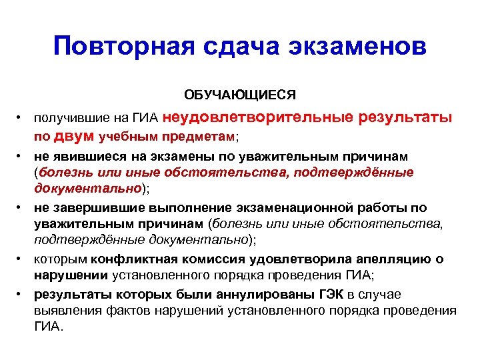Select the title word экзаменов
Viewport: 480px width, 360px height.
point(357,47)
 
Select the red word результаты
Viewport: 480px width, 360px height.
point(405,118)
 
